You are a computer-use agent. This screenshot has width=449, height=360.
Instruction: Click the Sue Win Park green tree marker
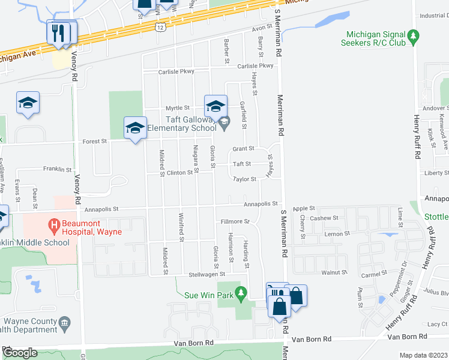[241, 293]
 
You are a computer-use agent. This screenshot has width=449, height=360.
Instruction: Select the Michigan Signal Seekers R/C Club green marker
[412, 37]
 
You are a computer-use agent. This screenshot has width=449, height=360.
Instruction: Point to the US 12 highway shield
[159, 27]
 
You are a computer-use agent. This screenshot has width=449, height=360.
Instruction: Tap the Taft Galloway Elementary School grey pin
[224, 123]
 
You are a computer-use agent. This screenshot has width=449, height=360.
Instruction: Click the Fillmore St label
[235, 221]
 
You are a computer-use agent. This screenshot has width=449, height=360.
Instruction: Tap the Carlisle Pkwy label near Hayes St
[255, 66]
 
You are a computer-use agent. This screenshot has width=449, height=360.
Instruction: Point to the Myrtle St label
[178, 108]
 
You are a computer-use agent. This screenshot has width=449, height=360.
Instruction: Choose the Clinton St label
[184, 172]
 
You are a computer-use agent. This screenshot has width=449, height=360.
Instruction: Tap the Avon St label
[262, 28]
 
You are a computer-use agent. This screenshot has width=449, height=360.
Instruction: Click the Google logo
[19, 353]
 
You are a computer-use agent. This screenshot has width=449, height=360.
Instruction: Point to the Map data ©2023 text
[424, 355]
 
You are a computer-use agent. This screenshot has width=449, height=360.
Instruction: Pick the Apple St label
[304, 208]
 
